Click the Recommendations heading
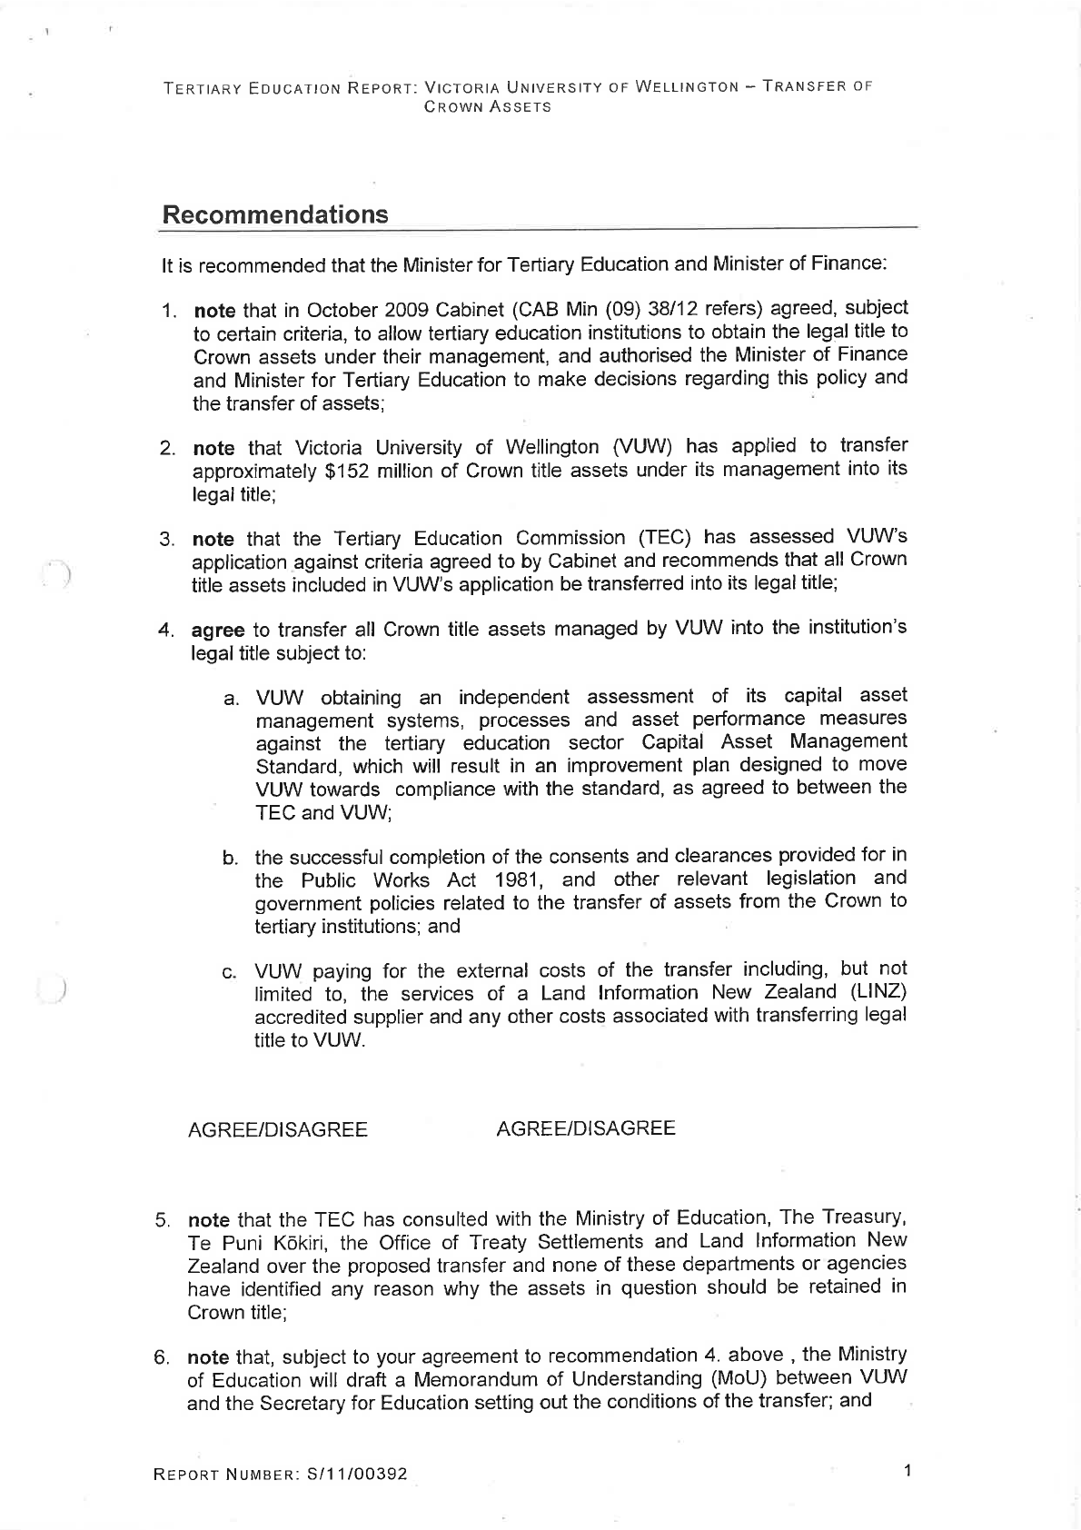pos(274,215)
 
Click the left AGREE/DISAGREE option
pos(277,1130)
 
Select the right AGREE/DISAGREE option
pos(586,1128)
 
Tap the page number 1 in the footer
pos(907,1469)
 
